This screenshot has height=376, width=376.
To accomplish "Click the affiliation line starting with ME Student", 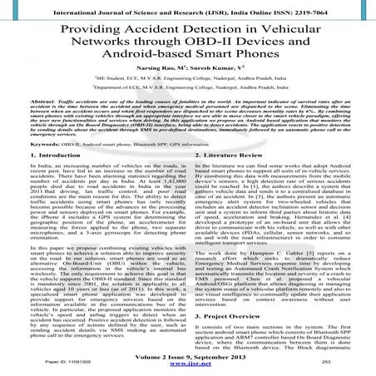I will tap(187, 101).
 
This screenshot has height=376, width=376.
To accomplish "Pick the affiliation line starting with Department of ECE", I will tap(187, 111).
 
